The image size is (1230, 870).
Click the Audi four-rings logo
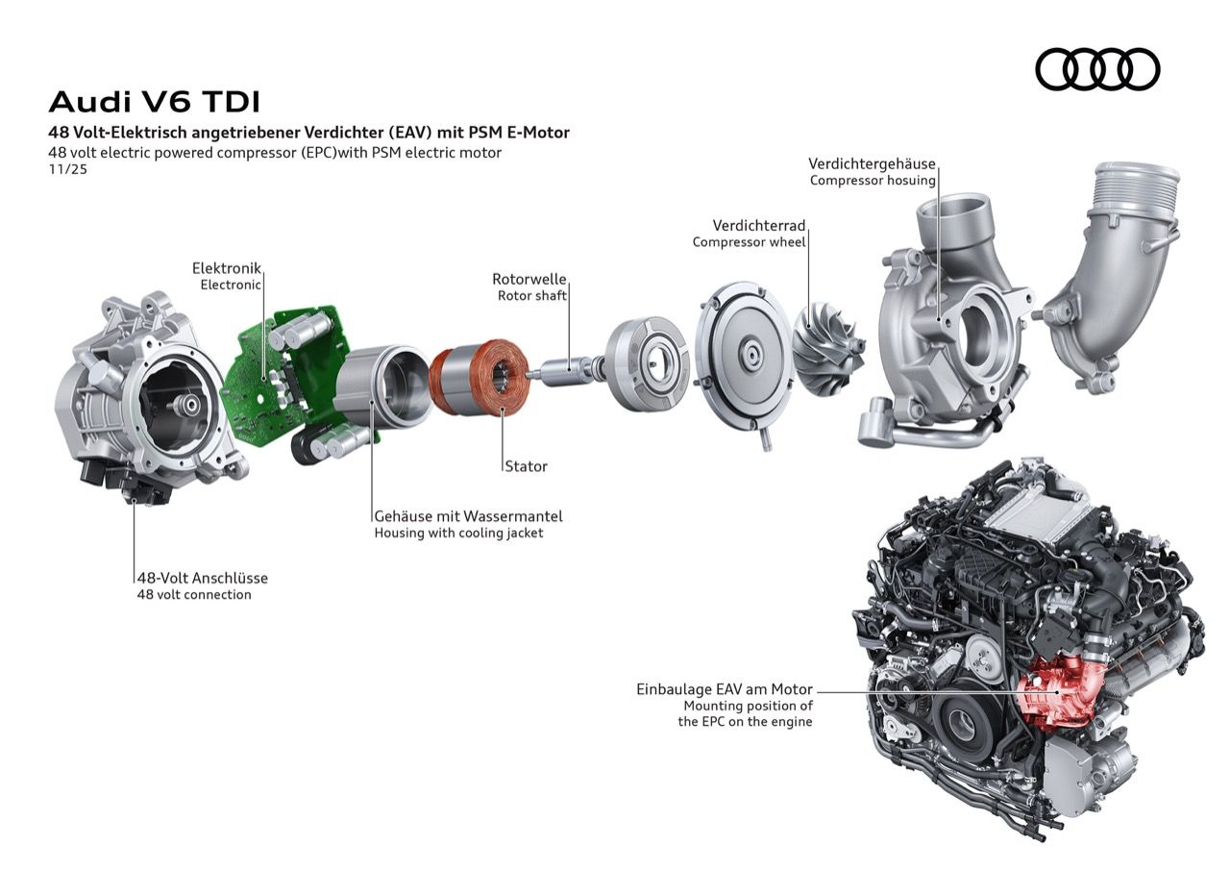tap(1097, 69)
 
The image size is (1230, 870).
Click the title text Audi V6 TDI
tap(154, 102)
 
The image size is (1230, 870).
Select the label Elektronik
tap(226, 268)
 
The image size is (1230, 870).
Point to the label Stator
tap(526, 466)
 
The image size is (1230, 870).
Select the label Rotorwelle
tap(529, 279)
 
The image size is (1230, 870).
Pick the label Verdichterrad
tap(759, 225)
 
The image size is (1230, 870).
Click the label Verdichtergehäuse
tap(872, 163)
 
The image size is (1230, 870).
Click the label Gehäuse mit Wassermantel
tap(468, 516)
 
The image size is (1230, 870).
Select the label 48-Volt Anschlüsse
tap(202, 578)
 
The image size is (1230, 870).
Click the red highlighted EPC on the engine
tap(1054, 691)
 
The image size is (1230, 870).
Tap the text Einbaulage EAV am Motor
tap(724, 689)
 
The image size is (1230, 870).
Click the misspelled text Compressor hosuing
tap(873, 180)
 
